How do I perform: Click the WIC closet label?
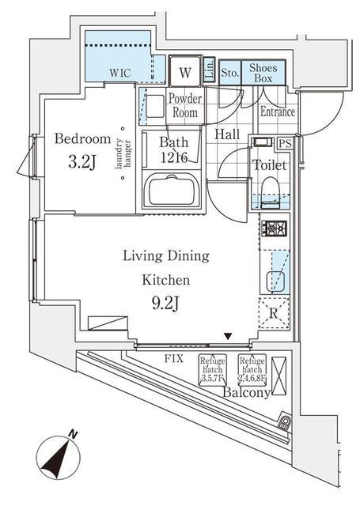point(120,73)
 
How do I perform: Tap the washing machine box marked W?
point(184,73)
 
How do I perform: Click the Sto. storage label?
point(229,74)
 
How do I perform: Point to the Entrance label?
point(278,111)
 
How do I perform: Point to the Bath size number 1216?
point(172,158)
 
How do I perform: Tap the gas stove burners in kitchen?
point(274,230)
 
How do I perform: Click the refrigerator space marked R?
point(273,312)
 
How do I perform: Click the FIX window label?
point(175,358)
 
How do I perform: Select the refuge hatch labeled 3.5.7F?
point(213,368)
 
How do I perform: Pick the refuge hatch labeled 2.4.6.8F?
point(253,368)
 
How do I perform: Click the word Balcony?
point(246,392)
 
